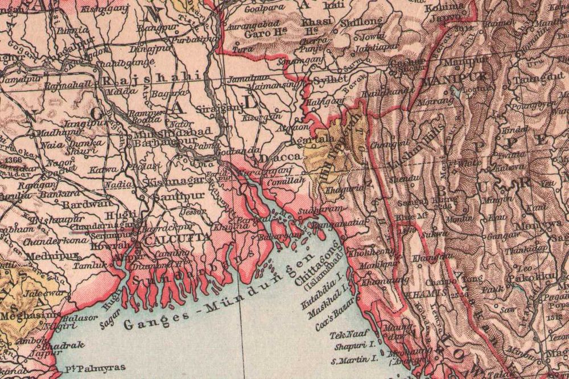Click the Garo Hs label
point(259,32)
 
